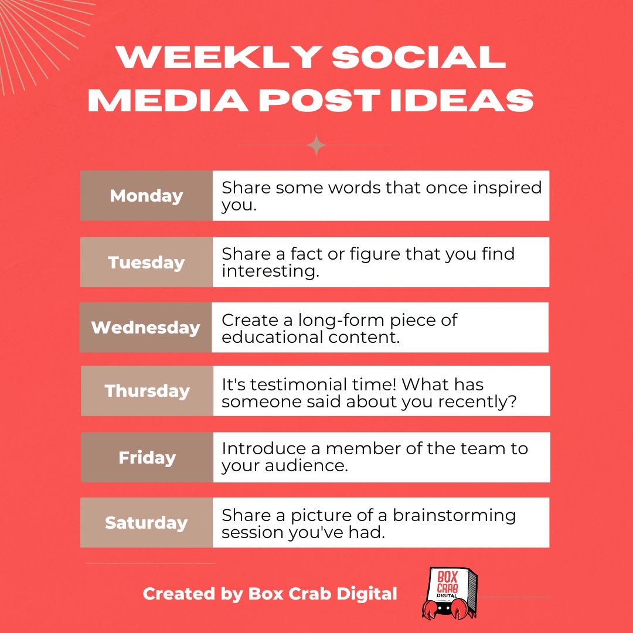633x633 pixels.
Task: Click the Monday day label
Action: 147,196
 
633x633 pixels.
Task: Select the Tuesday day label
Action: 147,262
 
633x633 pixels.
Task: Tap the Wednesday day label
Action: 146,327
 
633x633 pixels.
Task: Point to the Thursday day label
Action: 147,391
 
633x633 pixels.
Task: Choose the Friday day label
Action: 147,457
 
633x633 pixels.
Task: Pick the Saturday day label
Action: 147,522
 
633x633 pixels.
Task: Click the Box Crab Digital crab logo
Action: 450,593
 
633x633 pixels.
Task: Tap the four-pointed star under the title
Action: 316,145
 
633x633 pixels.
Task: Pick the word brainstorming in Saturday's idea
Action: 455,515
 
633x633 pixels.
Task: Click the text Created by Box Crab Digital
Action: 270,594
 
